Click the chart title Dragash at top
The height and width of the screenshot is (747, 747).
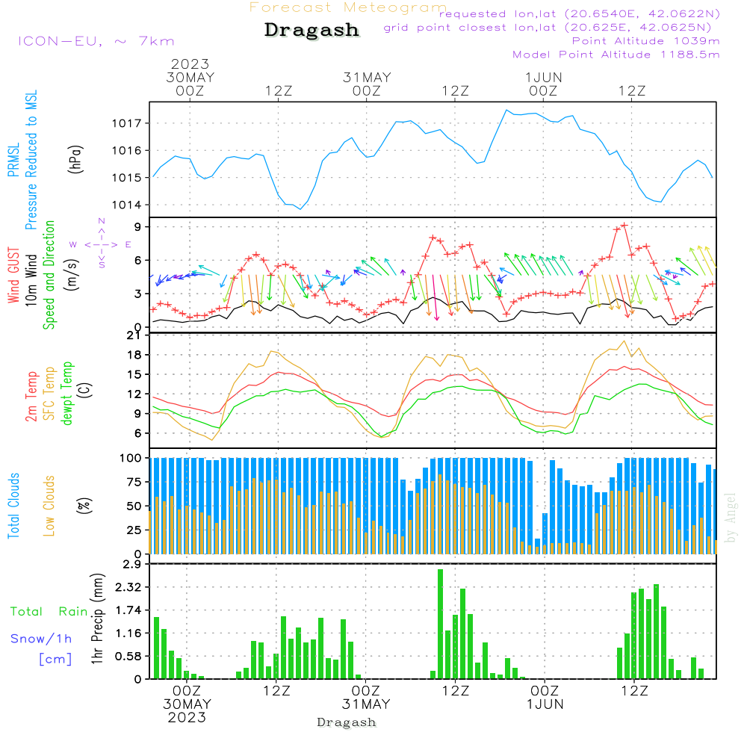tap(311, 30)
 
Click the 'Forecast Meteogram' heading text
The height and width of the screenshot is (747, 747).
tap(348, 7)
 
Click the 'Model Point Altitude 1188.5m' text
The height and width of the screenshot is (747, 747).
tap(616, 55)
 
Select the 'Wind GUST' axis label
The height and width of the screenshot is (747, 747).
tap(13, 277)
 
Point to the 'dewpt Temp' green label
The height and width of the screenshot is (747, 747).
tap(67, 394)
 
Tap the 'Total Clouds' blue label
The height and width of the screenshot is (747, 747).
tap(13, 506)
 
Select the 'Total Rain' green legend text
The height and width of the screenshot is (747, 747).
tap(49, 612)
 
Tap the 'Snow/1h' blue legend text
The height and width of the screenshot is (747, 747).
tap(42, 639)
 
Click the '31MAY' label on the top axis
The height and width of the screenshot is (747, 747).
tap(367, 77)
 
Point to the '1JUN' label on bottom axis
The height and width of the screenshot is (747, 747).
tap(545, 704)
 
